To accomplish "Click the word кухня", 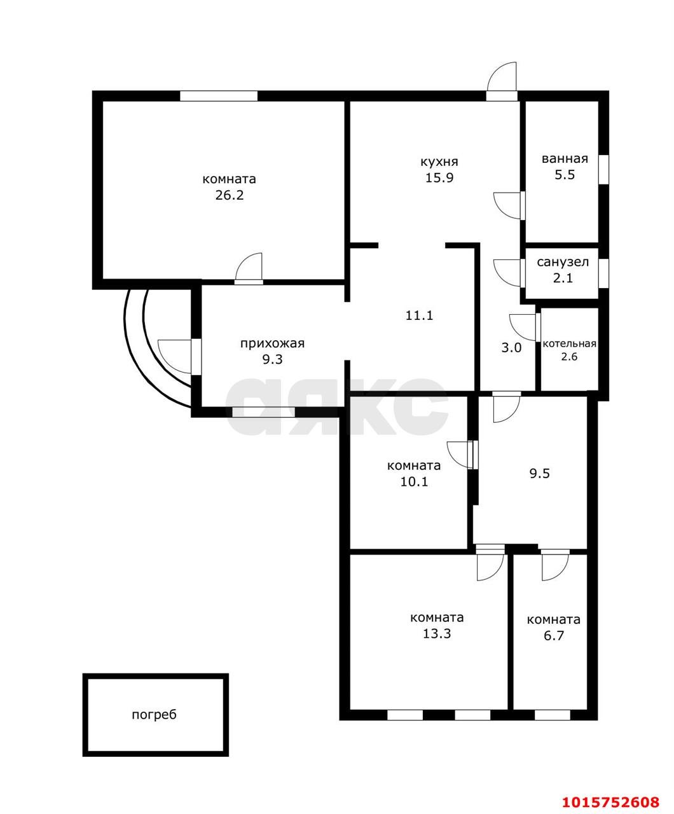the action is pyautogui.click(x=439, y=162).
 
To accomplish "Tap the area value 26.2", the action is pyautogui.click(x=229, y=195).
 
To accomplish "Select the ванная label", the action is pyautogui.click(x=565, y=159).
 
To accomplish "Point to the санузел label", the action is pyautogui.click(x=563, y=262).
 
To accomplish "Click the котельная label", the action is pyautogui.click(x=569, y=343).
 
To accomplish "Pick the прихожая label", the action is pyautogui.click(x=272, y=344).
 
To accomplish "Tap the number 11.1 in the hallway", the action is pyautogui.click(x=419, y=315).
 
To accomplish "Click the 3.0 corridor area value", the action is pyautogui.click(x=511, y=347).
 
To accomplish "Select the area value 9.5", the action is pyautogui.click(x=539, y=473).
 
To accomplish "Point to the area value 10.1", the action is pyautogui.click(x=414, y=482).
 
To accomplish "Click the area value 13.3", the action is pyautogui.click(x=437, y=633).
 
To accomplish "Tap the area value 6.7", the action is pyautogui.click(x=554, y=636).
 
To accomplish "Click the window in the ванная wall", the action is pyautogui.click(x=603, y=170).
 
